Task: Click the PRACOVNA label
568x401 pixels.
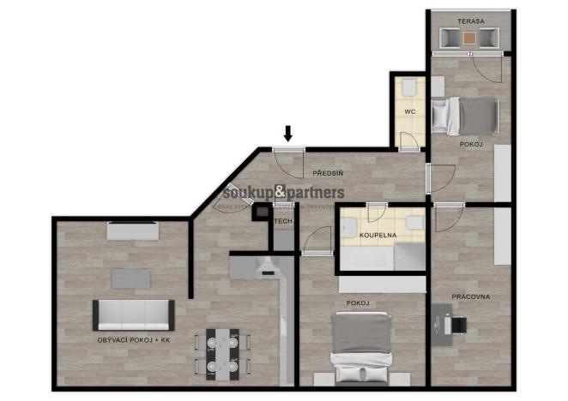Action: pos(470,296)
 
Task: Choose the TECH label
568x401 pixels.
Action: pos(282,222)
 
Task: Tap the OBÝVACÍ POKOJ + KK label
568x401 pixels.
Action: pos(136,341)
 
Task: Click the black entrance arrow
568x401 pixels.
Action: pos(288,133)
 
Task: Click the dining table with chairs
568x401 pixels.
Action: pos(222,353)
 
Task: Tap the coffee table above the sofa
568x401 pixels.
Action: pos(130,278)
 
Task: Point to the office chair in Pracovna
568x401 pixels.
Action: pos(458,323)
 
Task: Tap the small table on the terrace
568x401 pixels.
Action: pos(468,38)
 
